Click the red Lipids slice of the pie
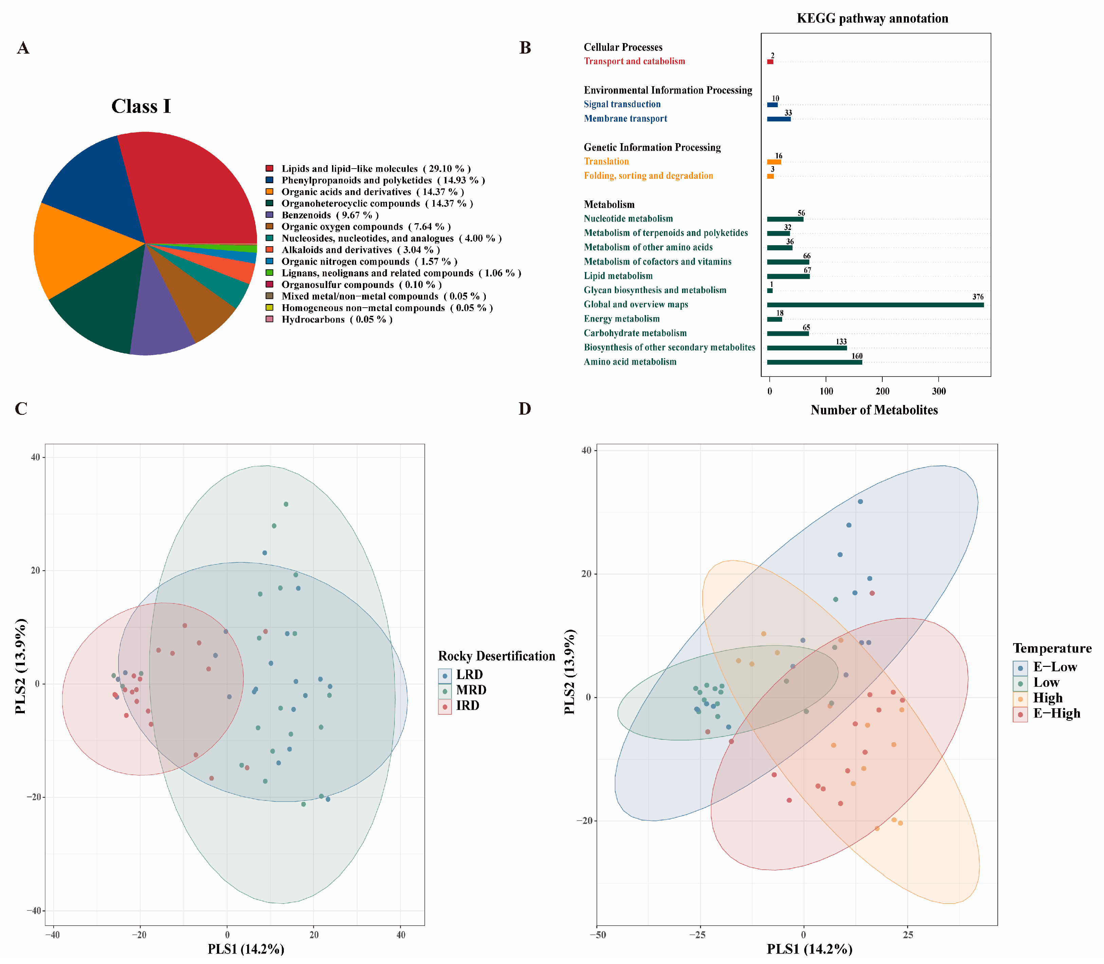coord(194,188)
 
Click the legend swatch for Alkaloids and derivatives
coord(269,250)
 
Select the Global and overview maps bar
coord(875,305)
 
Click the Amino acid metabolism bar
coord(814,362)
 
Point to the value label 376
coord(977,297)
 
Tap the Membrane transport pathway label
coord(625,118)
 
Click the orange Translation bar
coord(773,161)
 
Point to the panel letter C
coord(21,409)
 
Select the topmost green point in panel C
coord(286,504)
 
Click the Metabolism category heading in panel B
coord(609,205)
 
